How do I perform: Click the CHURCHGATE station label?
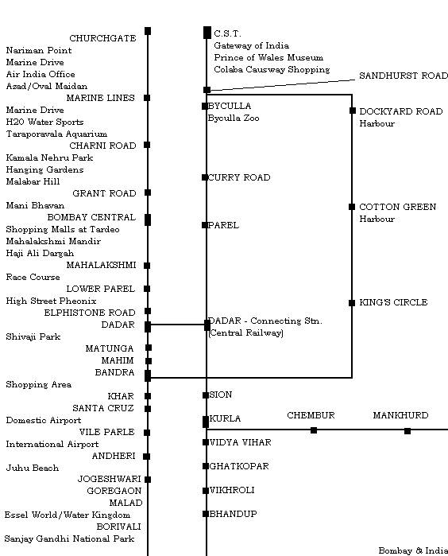(x=102, y=38)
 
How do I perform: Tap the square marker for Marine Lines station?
(x=147, y=98)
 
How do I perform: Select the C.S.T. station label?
(x=227, y=33)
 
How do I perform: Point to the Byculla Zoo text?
(x=234, y=118)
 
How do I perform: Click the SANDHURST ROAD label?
(x=404, y=76)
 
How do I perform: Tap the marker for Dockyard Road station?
(x=353, y=111)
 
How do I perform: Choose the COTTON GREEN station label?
(x=398, y=207)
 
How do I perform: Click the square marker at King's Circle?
(x=352, y=303)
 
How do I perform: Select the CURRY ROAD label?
(x=239, y=177)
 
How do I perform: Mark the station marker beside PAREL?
(x=205, y=225)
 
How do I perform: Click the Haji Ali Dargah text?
(x=40, y=253)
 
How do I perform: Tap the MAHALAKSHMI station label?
(x=102, y=265)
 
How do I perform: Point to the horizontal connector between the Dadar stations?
(x=177, y=324)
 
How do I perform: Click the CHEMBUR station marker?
(x=314, y=430)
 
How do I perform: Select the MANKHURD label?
(x=400, y=415)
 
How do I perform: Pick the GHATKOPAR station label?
(x=239, y=466)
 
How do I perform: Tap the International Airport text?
(x=52, y=445)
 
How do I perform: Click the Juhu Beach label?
(x=33, y=468)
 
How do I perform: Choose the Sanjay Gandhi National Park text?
(x=69, y=539)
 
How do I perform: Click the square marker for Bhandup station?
(x=206, y=514)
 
